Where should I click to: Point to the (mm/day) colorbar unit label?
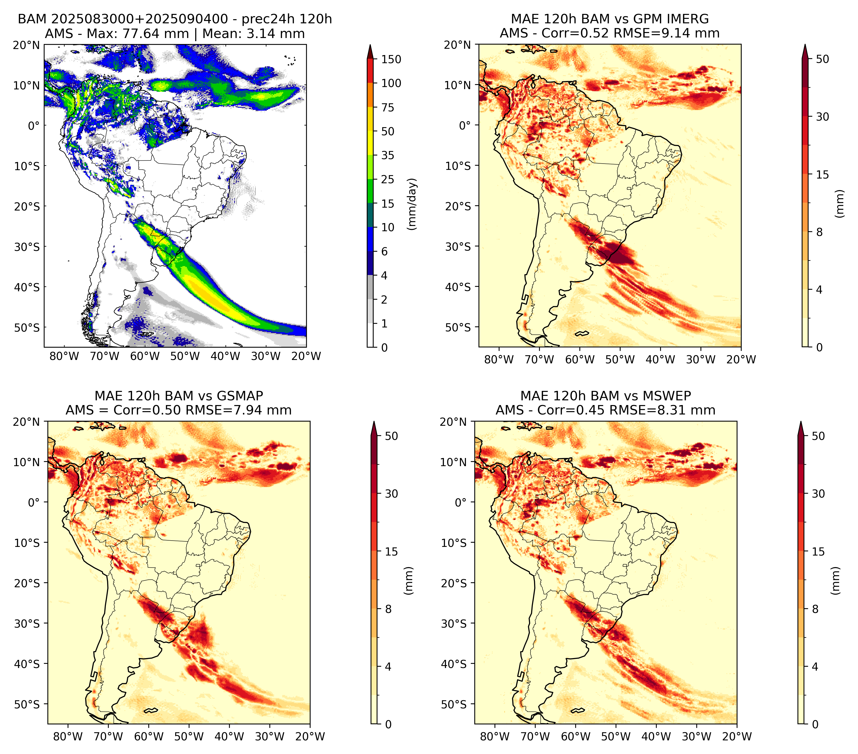pyautogui.click(x=413, y=204)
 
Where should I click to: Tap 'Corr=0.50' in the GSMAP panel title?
pyautogui.click(x=147, y=410)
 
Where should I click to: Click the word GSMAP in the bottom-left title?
pyautogui.click(x=240, y=396)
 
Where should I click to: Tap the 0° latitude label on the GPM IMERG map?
pyautogui.click(x=465, y=125)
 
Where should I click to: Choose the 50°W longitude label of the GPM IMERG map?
pyautogui.click(x=620, y=359)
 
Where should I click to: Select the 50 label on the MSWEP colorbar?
pyautogui.click(x=818, y=436)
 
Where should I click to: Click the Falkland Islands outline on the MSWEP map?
pyautogui.click(x=578, y=710)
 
